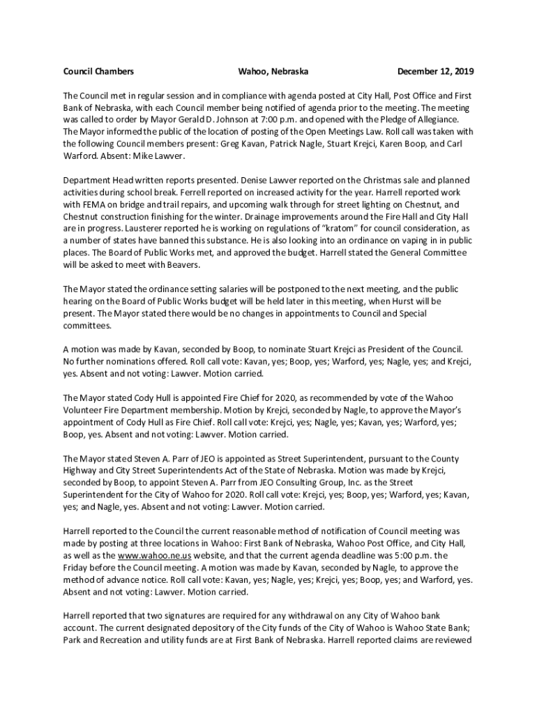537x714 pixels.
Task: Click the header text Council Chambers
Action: point(98,72)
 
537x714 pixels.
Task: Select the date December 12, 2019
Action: point(435,72)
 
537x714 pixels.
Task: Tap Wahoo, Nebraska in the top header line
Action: point(273,72)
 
